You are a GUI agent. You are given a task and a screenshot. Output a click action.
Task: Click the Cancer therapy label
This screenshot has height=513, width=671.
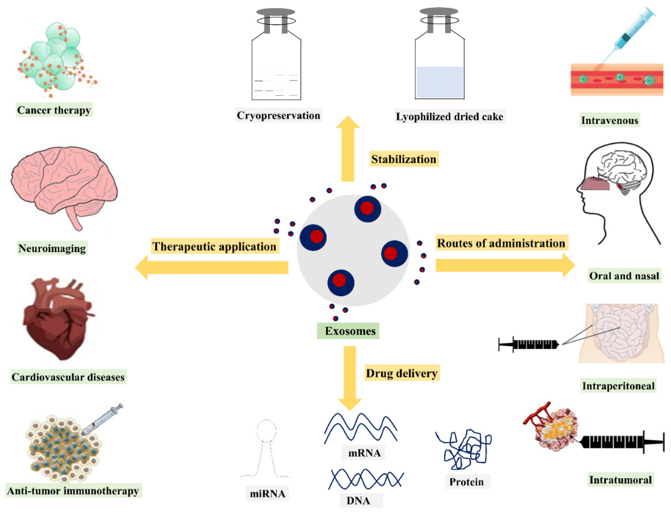click(x=54, y=110)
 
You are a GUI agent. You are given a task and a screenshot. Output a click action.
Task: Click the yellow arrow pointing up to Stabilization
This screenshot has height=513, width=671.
click(x=348, y=150)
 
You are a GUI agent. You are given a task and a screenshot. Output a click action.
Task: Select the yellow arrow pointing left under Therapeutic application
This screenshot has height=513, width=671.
click(x=214, y=268)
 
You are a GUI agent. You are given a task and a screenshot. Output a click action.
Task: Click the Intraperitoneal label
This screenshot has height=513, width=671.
click(x=618, y=386)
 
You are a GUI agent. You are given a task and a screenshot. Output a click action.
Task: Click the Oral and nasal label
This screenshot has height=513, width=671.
click(x=624, y=276)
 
